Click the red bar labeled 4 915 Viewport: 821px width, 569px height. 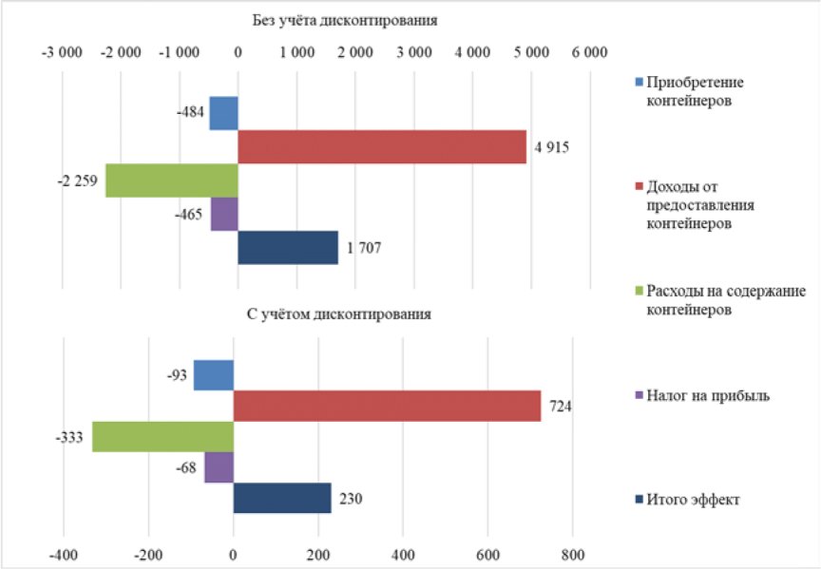pyautogui.click(x=382, y=147)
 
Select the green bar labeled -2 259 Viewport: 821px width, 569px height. pyautogui.click(x=172, y=180)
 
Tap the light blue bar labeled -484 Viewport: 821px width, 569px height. pyautogui.click(x=223, y=113)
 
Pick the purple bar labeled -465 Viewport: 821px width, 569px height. pyautogui.click(x=224, y=214)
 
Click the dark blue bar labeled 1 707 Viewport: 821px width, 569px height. pyautogui.click(x=288, y=248)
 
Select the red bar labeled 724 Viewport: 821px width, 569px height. pyautogui.click(x=387, y=406)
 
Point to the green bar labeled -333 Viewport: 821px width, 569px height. pyautogui.click(x=162, y=437)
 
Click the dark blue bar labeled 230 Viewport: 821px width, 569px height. pyautogui.click(x=282, y=498)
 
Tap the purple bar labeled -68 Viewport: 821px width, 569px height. pyautogui.click(x=219, y=467)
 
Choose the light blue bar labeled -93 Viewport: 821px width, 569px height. pyautogui.click(x=214, y=375)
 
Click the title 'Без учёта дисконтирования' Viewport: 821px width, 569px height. pyautogui.click(x=345, y=20)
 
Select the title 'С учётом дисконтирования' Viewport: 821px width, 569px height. pyautogui.click(x=339, y=314)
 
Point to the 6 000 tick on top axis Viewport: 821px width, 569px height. pyautogui.click(x=589, y=52)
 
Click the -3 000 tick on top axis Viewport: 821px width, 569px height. pyautogui.click(x=62, y=52)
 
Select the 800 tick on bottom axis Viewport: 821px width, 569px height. pyautogui.click(x=572, y=555)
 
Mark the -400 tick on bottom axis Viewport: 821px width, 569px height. pyautogui.click(x=64, y=555)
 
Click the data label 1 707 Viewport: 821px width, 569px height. pyautogui.click(x=364, y=248)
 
